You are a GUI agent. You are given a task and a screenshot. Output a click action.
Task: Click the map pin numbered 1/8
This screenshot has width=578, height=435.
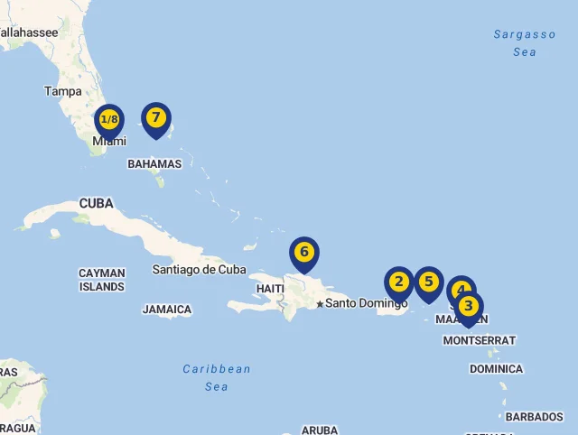pos(109,120)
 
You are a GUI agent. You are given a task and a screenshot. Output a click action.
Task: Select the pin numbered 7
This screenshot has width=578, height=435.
pos(156,118)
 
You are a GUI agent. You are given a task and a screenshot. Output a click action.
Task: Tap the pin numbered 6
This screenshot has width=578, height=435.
pos(304,253)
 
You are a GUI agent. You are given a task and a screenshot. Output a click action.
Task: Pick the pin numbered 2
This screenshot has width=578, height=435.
pos(399,283)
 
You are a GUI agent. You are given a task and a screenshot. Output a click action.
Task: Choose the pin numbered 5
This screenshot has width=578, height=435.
pos(429,282)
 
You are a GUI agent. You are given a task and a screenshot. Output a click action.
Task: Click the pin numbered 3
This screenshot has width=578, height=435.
pos(469,307)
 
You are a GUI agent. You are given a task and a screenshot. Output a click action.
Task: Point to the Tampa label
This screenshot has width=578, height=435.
pos(63,91)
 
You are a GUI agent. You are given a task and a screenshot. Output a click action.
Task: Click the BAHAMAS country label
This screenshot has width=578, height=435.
pos(154,164)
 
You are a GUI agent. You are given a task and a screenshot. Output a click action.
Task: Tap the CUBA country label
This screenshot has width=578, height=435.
pos(97,204)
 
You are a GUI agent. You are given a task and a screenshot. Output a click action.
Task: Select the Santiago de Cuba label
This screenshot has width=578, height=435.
pos(199,269)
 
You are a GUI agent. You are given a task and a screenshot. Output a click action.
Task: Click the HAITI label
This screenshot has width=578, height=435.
pos(270,289)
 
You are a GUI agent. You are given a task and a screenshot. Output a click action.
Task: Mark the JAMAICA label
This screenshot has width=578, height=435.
pos(167,310)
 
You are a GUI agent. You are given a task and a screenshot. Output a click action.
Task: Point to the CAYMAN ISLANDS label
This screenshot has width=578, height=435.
pos(102,280)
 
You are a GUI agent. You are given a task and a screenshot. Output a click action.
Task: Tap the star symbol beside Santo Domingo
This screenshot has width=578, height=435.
pos(320,304)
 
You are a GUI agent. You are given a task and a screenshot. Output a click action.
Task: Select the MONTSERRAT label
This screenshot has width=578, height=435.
pos(479,340)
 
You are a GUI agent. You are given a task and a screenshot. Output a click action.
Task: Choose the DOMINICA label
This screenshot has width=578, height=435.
pos(496,369)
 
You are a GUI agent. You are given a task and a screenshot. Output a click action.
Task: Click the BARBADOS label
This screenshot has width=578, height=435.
pos(534,417)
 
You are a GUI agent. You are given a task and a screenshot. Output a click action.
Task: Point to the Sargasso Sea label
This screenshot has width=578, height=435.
pos(525,43)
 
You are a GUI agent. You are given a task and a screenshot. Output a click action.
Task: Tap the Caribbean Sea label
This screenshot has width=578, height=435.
pos(217,377)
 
